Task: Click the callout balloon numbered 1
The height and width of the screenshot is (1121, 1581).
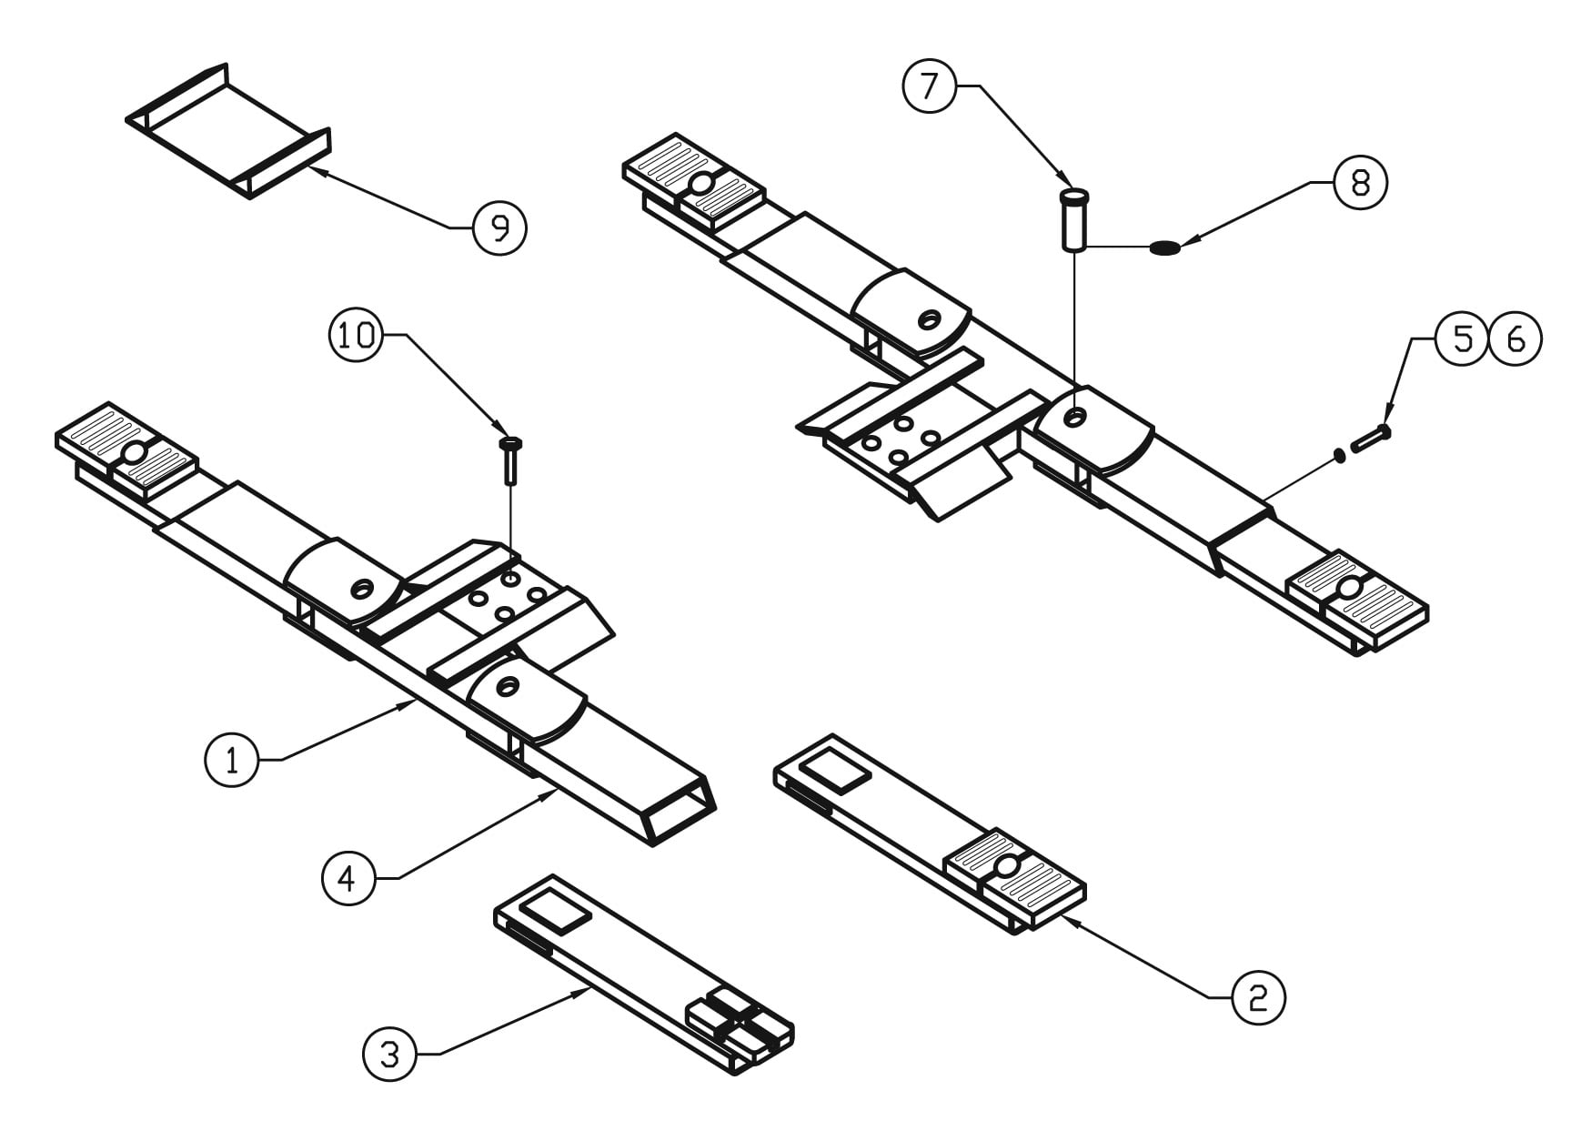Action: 232,760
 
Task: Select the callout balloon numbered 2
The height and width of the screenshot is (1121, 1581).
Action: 1258,998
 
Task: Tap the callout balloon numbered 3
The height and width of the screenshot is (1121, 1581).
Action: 389,1055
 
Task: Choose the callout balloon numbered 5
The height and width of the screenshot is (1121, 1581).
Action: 1462,339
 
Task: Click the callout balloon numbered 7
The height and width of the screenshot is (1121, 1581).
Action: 929,86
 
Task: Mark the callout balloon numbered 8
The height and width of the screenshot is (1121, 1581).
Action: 1360,183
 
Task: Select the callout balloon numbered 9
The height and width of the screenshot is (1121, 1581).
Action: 500,227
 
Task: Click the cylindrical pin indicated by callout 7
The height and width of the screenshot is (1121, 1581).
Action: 1074,218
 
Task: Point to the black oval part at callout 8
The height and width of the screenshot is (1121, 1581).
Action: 1164,247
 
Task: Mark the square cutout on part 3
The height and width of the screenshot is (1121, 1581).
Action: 554,911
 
